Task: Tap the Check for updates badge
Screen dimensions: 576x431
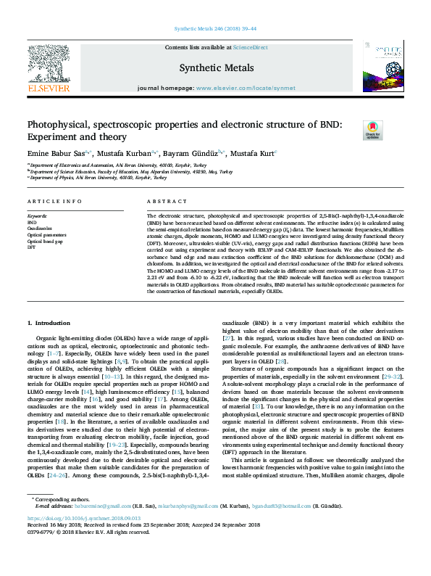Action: click(372, 130)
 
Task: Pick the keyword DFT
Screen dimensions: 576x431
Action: click(32, 247)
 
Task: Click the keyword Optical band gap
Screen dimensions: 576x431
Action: click(43, 241)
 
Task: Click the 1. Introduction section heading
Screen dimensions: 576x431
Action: click(49, 322)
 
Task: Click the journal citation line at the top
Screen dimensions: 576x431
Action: click(215, 29)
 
